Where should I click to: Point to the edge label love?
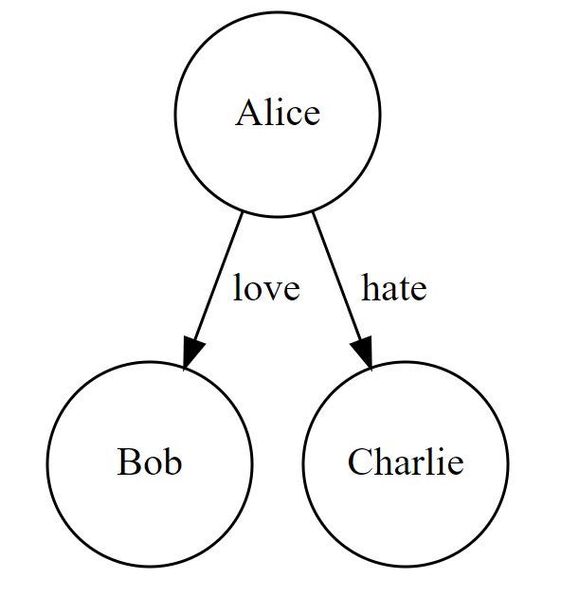coord(266,288)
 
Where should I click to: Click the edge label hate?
coord(394,288)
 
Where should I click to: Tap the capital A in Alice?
coord(247,114)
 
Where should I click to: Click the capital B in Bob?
coord(128,463)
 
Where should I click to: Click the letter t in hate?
coord(406,289)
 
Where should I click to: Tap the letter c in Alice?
coord(295,117)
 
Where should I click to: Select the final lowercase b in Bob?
coord(172,463)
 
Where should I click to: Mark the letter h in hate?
coord(371,287)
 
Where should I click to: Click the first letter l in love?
coord(238,287)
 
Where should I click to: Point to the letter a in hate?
coord(390,290)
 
